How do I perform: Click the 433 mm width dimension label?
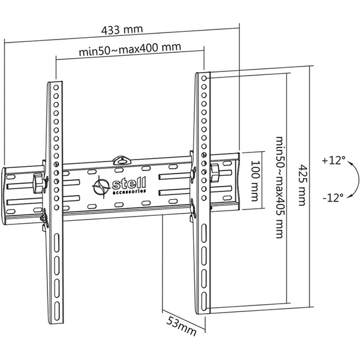[122, 29]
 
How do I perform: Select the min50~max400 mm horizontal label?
[130, 49]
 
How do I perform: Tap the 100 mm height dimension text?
[256, 181]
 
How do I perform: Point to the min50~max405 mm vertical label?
[280, 187]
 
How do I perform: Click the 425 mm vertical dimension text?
[302, 185]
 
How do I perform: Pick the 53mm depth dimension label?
[181, 326]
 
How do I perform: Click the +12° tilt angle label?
[334, 160]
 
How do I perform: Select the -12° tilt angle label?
[333, 197]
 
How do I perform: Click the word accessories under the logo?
[130, 191]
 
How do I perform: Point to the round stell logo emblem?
[101, 187]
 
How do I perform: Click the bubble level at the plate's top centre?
[121, 160]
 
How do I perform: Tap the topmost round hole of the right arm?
[204, 78]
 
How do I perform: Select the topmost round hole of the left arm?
[56, 88]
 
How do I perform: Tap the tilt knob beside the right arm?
[215, 173]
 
